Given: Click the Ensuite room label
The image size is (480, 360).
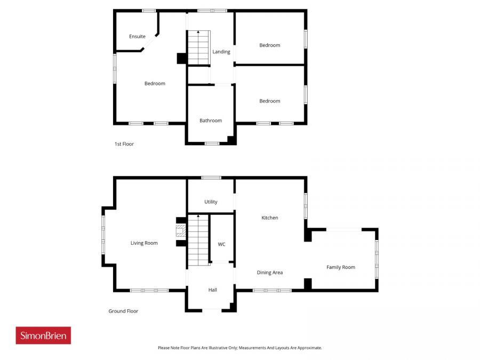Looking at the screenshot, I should pyautogui.click(x=137, y=37).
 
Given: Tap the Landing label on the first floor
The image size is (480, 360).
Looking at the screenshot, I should pyautogui.click(x=221, y=52).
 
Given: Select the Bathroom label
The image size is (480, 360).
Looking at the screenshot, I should pyautogui.click(x=211, y=121).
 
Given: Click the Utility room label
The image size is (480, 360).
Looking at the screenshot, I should pyautogui.click(x=211, y=202).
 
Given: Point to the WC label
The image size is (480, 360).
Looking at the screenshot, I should pyautogui.click(x=221, y=244).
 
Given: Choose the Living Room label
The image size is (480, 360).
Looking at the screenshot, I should pyautogui.click(x=144, y=243).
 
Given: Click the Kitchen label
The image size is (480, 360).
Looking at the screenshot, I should pyautogui.click(x=269, y=218).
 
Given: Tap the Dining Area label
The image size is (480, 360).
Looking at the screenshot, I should pyautogui.click(x=270, y=273).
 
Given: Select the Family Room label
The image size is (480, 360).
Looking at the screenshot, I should pyautogui.click(x=341, y=267).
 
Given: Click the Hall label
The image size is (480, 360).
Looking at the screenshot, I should pyautogui.click(x=213, y=290).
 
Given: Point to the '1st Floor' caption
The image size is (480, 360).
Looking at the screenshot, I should pyautogui.click(x=124, y=144).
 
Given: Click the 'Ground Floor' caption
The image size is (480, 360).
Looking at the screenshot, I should pyautogui.click(x=123, y=311).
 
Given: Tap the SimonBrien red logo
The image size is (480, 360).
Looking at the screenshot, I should pyautogui.click(x=43, y=335).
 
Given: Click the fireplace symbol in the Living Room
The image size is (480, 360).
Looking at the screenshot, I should pyautogui.click(x=181, y=230).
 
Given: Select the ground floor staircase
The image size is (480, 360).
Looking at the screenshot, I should pyautogui.click(x=198, y=240).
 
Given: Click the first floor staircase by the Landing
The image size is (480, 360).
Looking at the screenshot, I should pyautogui.click(x=198, y=48).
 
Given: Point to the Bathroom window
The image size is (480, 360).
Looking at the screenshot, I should pyautogui.click(x=212, y=143).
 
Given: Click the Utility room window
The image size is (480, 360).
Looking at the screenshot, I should pyautogui.click(x=211, y=178).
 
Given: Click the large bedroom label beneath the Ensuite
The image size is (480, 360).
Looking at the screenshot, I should pyautogui.click(x=155, y=84).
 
